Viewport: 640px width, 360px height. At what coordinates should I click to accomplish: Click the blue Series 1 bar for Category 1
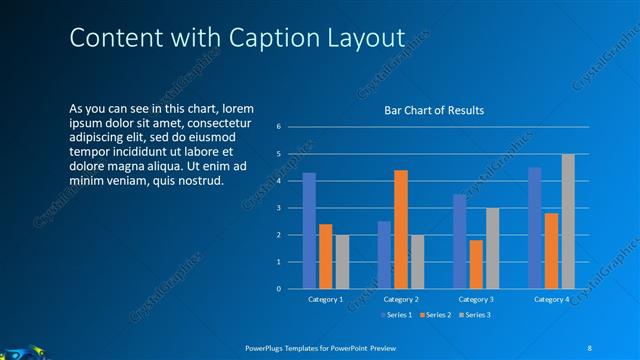click(309, 231)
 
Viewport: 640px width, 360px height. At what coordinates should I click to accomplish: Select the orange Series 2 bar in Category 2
click(401, 229)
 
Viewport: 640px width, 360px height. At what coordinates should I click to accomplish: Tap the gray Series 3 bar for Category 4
click(568, 221)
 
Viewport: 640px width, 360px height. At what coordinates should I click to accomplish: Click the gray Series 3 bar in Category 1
click(342, 262)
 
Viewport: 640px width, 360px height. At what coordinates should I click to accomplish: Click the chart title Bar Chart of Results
click(434, 110)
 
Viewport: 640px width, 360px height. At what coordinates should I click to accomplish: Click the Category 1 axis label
click(325, 299)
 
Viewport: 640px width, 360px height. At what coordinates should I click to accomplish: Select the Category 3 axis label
click(476, 299)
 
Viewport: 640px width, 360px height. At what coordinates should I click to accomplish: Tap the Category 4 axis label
click(551, 299)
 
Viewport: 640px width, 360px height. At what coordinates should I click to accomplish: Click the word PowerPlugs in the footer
click(265, 347)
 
